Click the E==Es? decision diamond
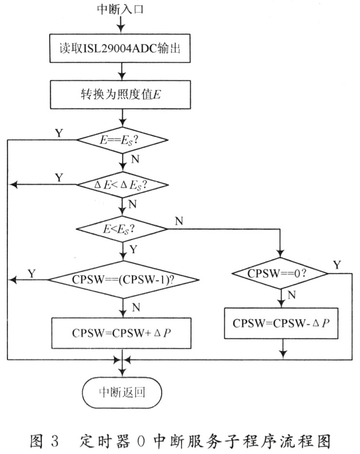pyautogui.click(x=123, y=140)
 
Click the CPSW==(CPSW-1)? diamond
pyautogui.click(x=123, y=280)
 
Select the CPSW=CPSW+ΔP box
pyautogui.click(x=123, y=333)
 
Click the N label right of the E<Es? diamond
pyautogui.click(x=179, y=221)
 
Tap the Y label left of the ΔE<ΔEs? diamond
pyautogui.click(x=59, y=178)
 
